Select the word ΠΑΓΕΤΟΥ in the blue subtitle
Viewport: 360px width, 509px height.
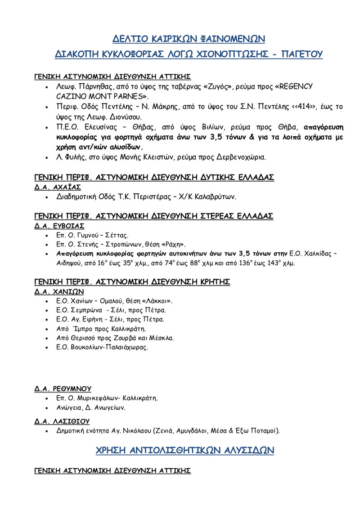coord(301,54)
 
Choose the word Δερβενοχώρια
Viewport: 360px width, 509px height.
coord(241,157)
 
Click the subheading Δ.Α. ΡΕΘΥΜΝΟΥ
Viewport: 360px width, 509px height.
coord(63,388)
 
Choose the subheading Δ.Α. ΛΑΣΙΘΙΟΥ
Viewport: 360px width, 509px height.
coord(62,421)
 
